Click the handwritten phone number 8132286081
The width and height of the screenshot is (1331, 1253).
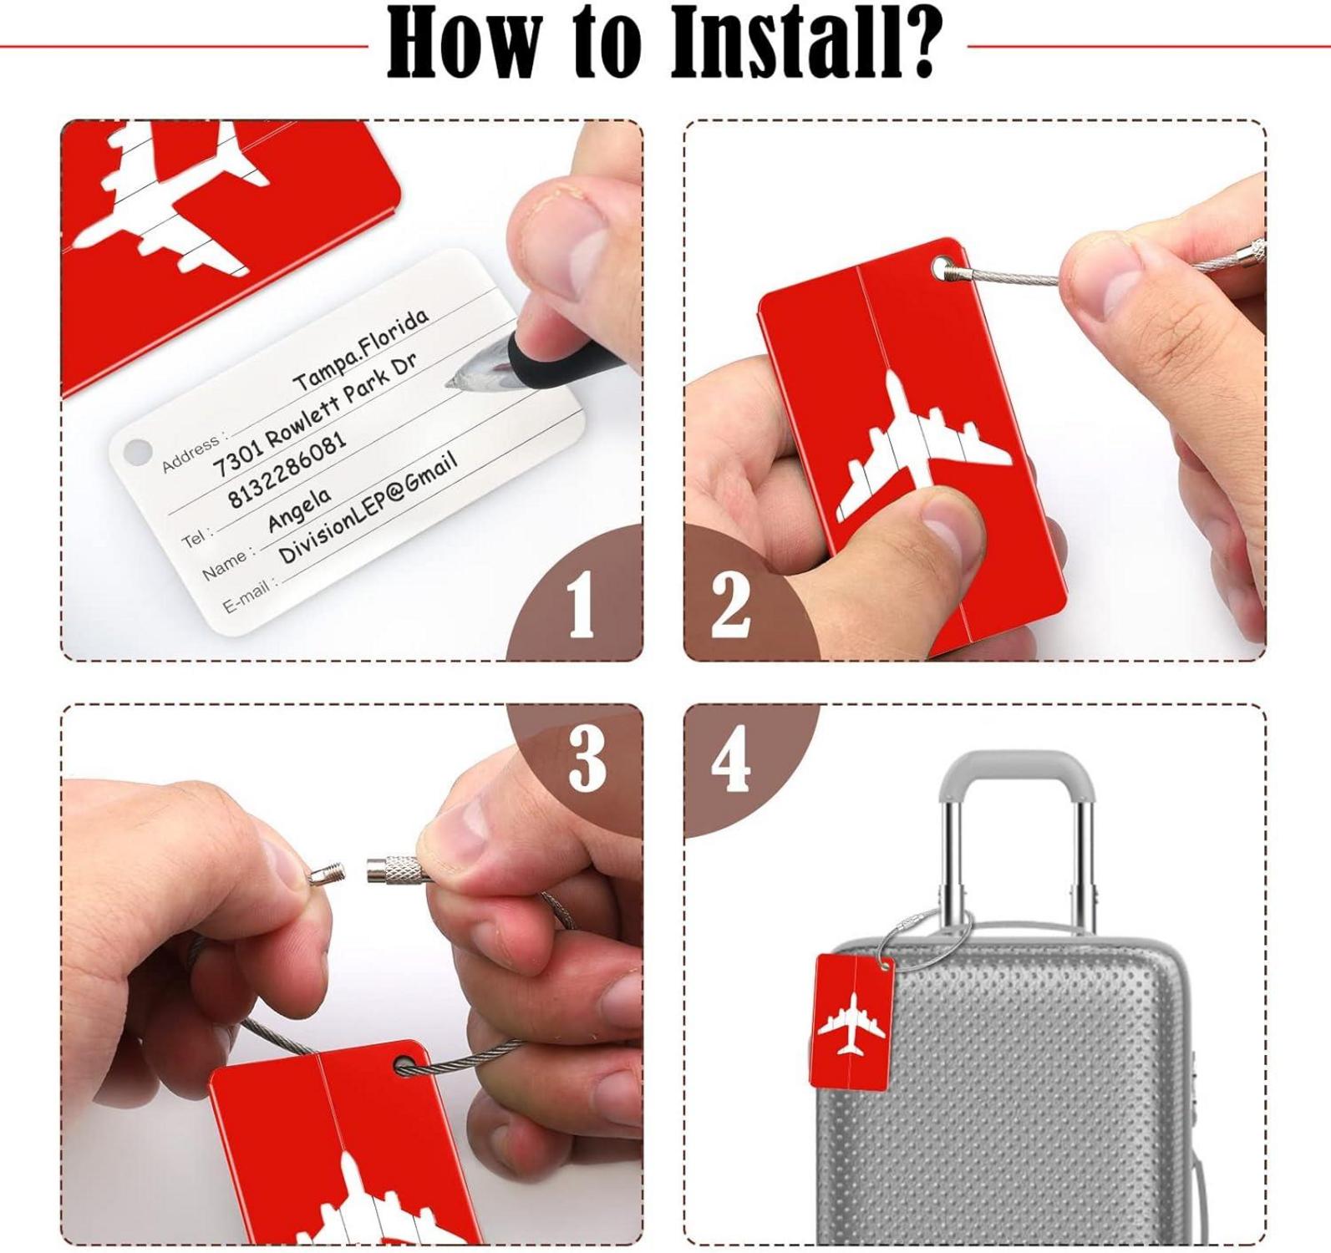[x=287, y=472]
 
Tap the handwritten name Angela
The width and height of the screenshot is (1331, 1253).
[x=298, y=509]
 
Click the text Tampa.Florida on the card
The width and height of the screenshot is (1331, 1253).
[x=361, y=350]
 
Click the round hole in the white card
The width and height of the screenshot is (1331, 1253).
[x=135, y=451]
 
